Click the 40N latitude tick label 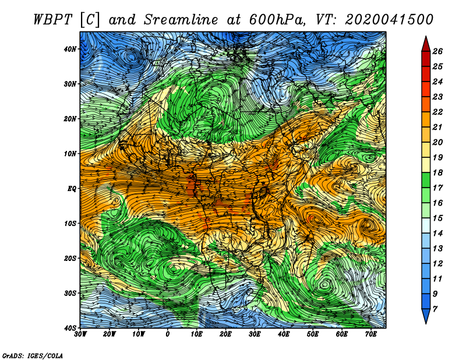(70, 49)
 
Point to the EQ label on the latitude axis (72, 189)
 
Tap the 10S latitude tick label (70, 223)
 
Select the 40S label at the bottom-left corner (70, 328)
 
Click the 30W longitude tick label (80, 334)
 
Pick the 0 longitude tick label (168, 334)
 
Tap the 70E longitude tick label (371, 334)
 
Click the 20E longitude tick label (225, 334)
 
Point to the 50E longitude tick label (313, 334)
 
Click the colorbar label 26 (437, 51)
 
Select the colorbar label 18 (437, 172)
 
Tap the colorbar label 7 (435, 309)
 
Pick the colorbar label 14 (437, 234)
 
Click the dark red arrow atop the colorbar (426, 44)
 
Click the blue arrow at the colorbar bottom (426, 316)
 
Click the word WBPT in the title (53, 20)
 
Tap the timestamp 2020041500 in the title (389, 20)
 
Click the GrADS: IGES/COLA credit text (33, 356)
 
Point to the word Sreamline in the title (181, 20)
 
